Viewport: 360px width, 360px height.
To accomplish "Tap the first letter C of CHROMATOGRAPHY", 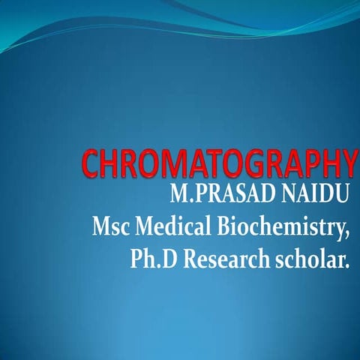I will (x=91, y=164).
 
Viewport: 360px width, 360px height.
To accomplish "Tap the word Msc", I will (x=111, y=226).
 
